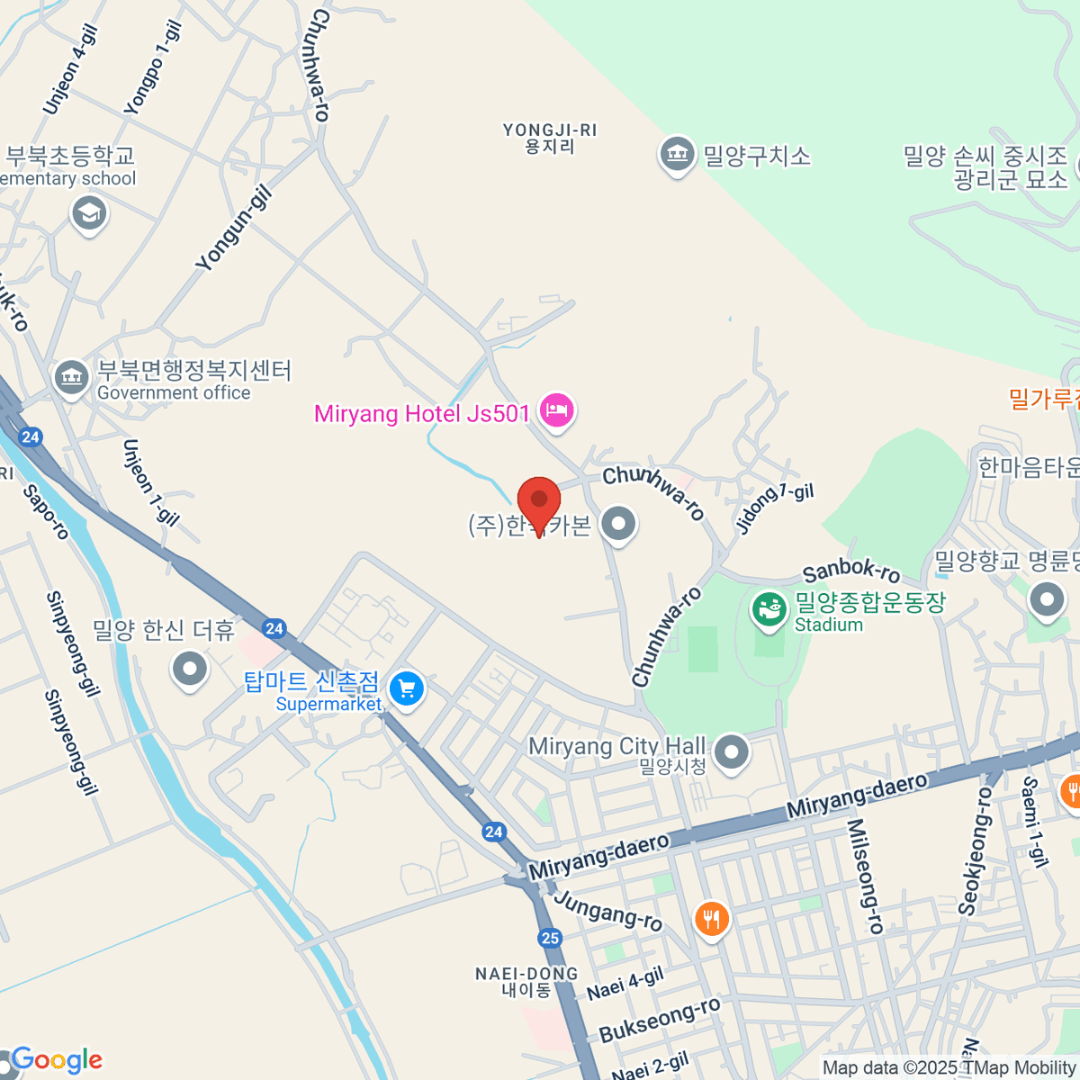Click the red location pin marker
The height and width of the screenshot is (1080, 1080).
pos(539,500)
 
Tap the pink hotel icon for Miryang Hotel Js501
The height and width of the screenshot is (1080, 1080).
pos(557,411)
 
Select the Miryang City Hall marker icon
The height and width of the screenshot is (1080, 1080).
pos(732,751)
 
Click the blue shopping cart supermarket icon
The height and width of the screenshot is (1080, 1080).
pos(407,689)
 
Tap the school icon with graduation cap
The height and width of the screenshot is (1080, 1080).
pos(89,214)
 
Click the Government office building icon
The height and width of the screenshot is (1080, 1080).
pos(70,377)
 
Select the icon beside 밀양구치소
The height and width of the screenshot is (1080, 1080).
pos(676,155)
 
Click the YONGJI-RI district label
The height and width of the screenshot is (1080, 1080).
pos(550,138)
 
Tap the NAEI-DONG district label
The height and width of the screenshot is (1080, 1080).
pos(526,981)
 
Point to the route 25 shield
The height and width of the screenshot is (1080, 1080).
pos(550,938)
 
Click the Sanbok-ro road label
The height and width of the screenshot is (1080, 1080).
pos(850,571)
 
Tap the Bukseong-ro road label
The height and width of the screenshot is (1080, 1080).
pos(660,1019)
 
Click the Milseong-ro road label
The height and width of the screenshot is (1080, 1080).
pos(865,875)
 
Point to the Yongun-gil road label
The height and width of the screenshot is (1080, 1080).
pos(234,228)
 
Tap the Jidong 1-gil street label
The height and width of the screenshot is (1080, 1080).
pos(774,508)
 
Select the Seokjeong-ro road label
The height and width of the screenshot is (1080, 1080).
pos(974,850)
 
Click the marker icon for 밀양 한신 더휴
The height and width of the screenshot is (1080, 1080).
pos(189,669)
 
